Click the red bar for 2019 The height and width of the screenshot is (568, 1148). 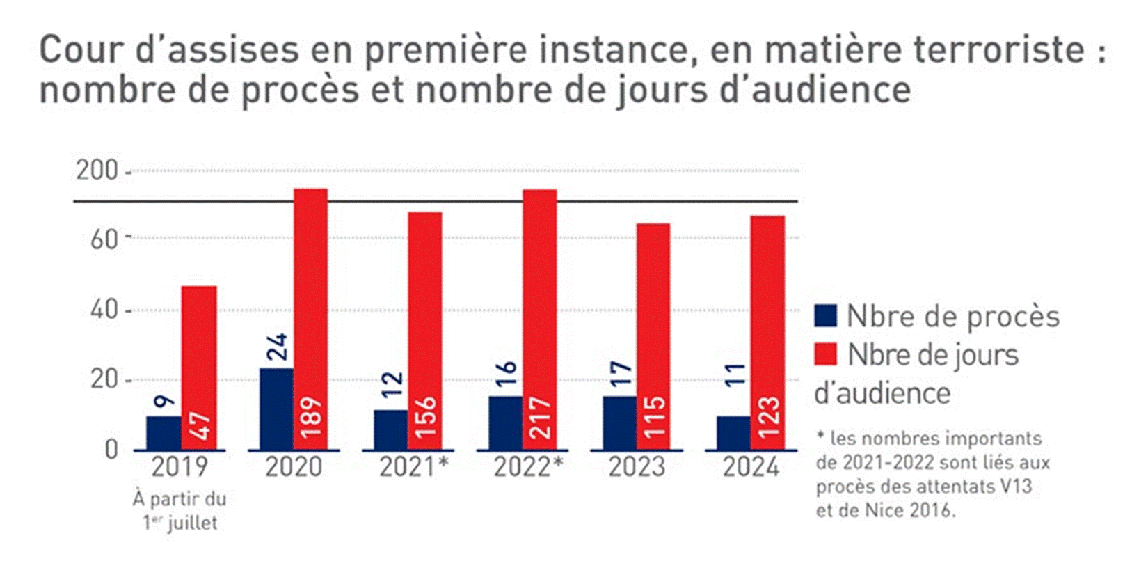199,348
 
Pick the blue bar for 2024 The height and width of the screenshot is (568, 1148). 733,432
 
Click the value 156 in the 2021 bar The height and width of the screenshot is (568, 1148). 425,416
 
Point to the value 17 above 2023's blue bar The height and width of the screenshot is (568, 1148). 620,374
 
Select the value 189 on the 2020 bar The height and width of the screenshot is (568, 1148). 311,416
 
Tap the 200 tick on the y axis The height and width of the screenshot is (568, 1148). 97,171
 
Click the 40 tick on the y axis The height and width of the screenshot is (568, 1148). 104,309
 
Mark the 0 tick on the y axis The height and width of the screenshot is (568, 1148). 111,450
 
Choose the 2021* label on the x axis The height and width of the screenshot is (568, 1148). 414,467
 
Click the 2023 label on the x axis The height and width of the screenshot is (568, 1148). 636,467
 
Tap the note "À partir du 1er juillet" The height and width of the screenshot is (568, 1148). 180,511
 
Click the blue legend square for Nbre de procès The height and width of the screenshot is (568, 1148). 826,316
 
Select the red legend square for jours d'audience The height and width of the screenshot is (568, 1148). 826,354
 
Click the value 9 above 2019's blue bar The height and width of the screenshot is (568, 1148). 164,401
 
